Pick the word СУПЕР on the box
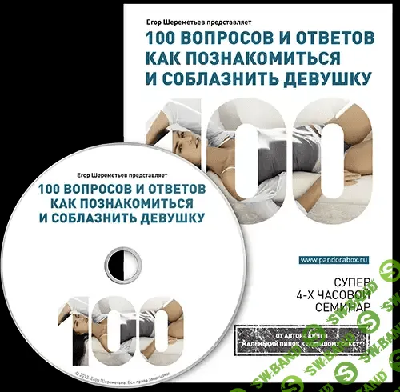[x=353, y=281]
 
